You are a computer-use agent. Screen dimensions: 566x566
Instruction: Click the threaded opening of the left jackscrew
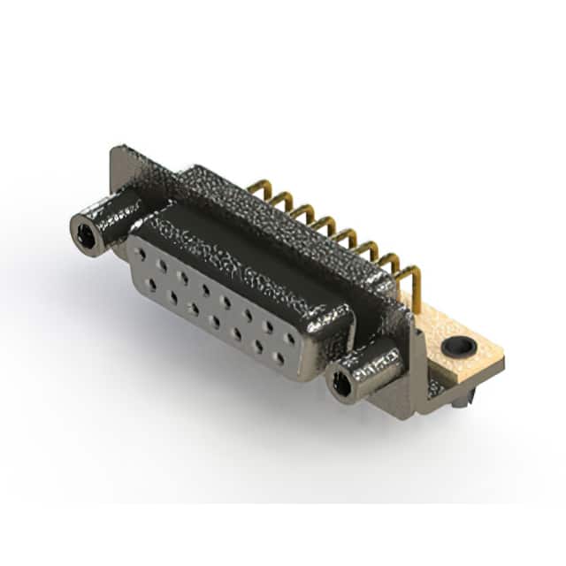point(86,234)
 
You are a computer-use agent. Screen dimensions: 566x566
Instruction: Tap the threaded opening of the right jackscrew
point(340,384)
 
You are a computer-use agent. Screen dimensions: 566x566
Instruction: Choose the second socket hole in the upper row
point(161,264)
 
